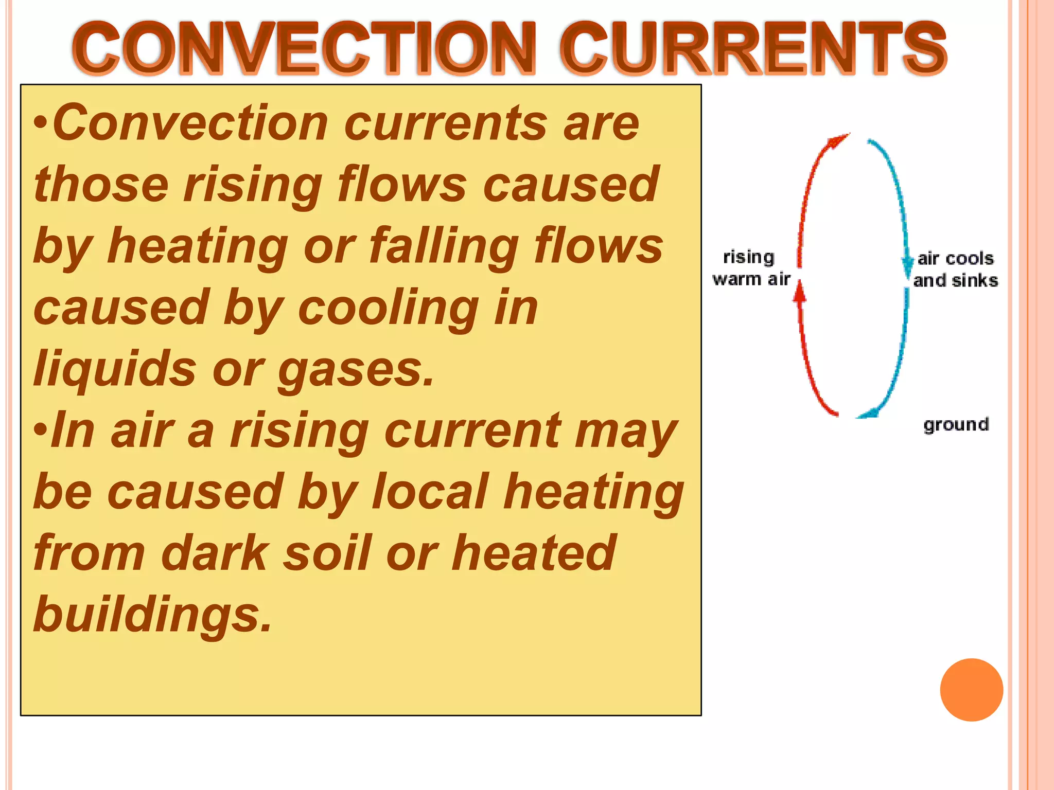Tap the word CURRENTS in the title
point(753,49)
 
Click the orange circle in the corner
point(971,690)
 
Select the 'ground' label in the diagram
point(956,425)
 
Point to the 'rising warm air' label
point(751,268)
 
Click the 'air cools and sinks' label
point(956,269)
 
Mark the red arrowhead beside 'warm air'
point(799,293)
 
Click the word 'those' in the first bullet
point(101,186)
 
